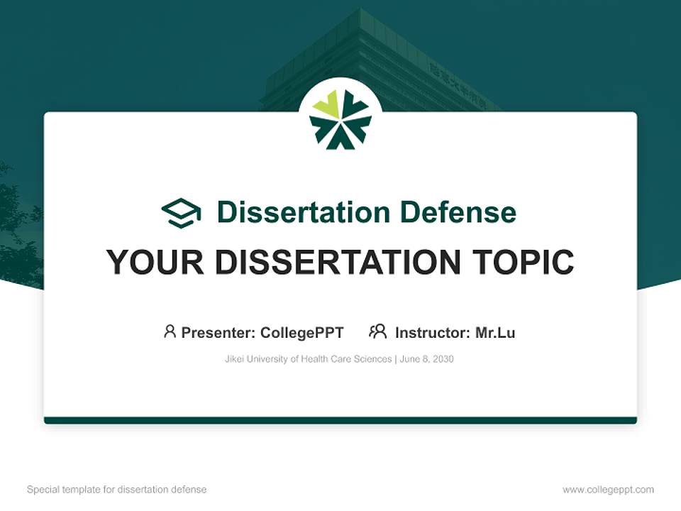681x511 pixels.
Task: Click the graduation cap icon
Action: pyautogui.click(x=182, y=212)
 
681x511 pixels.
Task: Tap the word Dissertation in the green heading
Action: pyautogui.click(x=304, y=212)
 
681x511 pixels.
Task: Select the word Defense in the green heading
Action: pyautogui.click(x=458, y=212)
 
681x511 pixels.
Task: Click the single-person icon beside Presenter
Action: pyautogui.click(x=170, y=331)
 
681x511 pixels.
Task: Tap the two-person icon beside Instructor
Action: pyautogui.click(x=378, y=331)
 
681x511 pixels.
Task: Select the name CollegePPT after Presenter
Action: pyautogui.click(x=302, y=333)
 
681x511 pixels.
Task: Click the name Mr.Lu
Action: pyautogui.click(x=495, y=333)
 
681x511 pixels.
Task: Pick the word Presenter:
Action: pyautogui.click(x=218, y=333)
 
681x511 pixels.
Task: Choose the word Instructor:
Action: pyautogui.click(x=433, y=333)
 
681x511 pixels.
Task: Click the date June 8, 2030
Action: pyautogui.click(x=426, y=359)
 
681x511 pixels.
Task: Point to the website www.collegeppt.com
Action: pyautogui.click(x=608, y=490)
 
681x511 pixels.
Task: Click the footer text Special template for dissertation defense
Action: pyautogui.click(x=117, y=490)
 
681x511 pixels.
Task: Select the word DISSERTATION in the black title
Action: pyautogui.click(x=338, y=262)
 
